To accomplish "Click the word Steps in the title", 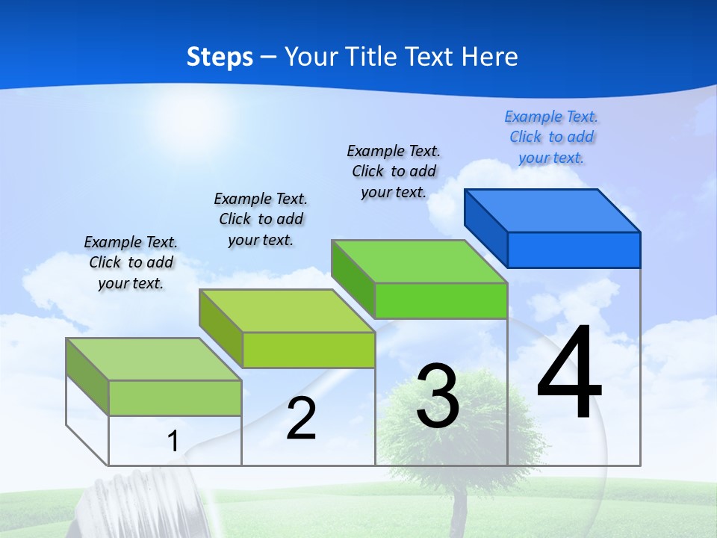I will (x=220, y=57).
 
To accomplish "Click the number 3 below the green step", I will (x=438, y=396).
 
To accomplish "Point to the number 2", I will (x=302, y=418).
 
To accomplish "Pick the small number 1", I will (x=173, y=441).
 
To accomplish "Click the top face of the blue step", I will (x=553, y=211).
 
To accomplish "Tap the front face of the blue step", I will (x=574, y=250).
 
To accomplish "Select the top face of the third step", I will (x=419, y=262).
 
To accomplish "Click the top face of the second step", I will (x=287, y=311).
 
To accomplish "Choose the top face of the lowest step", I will (x=154, y=359).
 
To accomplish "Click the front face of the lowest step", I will (x=175, y=398).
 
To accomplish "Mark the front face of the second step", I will (x=308, y=350).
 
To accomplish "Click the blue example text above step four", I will (x=551, y=137).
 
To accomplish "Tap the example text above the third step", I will (x=394, y=172).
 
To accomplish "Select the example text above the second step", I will (x=261, y=220).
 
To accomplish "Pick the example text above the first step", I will (x=131, y=263).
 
